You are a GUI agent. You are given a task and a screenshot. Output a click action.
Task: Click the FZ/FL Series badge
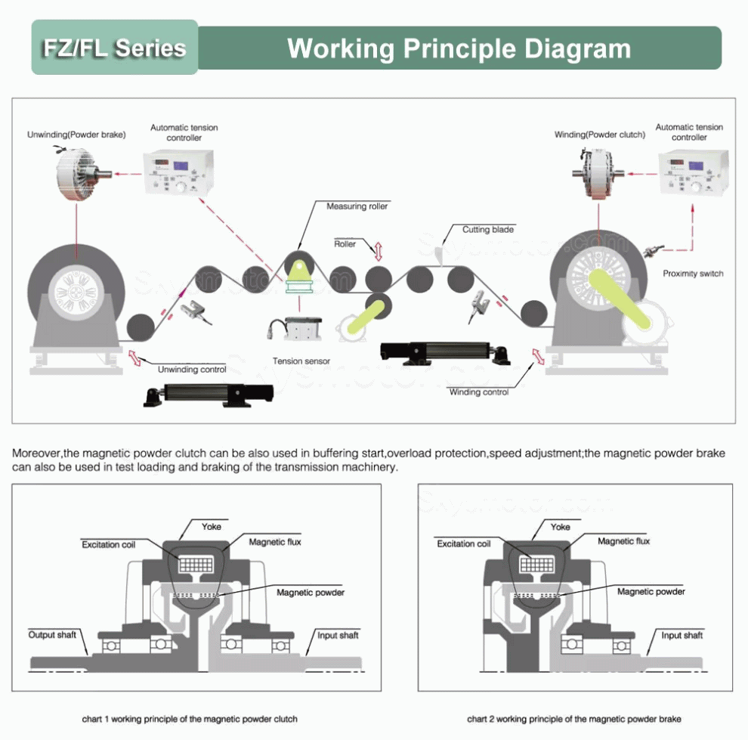[x=114, y=48]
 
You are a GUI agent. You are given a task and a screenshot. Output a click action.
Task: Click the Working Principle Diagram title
[x=459, y=48]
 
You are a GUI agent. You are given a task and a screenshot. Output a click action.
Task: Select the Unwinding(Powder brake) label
[x=76, y=135]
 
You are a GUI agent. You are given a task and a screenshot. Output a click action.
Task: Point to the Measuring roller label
[x=357, y=206]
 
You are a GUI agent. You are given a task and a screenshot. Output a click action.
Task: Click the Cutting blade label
[x=488, y=229]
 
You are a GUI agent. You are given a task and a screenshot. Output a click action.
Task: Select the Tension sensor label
[x=301, y=361]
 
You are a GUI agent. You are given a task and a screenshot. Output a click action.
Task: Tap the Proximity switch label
[x=692, y=274]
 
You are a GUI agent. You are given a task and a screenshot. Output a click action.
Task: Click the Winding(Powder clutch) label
[x=600, y=135]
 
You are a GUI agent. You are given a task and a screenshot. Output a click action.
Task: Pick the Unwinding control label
[x=192, y=370]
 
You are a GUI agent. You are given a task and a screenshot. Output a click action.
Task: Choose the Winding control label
[x=479, y=392]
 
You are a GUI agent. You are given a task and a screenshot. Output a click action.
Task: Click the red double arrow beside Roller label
[x=378, y=250]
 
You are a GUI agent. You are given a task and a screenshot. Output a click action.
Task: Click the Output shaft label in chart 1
[x=52, y=634]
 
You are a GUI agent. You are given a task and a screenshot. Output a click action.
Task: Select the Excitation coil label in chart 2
[x=463, y=543]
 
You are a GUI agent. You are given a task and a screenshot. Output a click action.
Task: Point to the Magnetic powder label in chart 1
[x=311, y=593]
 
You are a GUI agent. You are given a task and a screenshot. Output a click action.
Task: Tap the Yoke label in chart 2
[x=560, y=527]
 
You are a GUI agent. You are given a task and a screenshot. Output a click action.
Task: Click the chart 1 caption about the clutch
[x=190, y=719]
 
